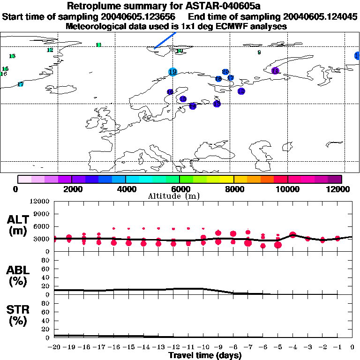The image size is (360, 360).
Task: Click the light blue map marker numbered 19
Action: [x=172, y=72]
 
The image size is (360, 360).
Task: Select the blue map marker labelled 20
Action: [x=225, y=72]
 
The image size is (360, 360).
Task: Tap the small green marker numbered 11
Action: [x=98, y=45]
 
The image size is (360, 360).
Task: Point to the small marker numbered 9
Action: [x=259, y=52]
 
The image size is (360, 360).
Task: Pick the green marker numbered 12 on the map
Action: [x=50, y=50]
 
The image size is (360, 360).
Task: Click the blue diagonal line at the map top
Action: [x=165, y=40]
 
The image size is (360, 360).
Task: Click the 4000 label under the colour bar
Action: [x=126, y=189]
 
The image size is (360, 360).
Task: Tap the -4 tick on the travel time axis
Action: [x=292, y=347]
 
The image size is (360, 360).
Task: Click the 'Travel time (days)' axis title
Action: [x=205, y=356]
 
